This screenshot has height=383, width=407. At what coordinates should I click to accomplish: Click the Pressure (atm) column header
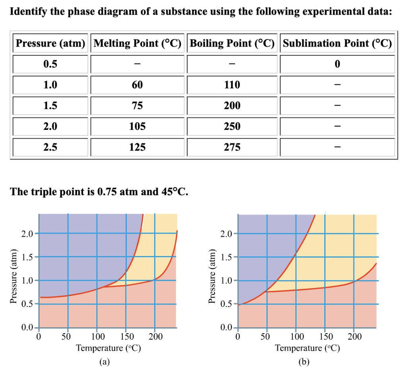click(50, 43)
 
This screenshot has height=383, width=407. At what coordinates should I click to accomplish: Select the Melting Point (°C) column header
click(138, 43)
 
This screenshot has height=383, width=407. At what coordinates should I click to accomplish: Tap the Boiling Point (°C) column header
click(232, 43)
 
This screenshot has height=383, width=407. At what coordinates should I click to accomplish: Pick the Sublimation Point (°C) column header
click(337, 43)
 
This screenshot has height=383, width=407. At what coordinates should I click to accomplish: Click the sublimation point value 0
click(337, 64)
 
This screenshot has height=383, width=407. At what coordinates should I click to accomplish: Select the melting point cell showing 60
click(138, 85)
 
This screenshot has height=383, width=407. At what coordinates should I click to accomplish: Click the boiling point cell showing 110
click(232, 85)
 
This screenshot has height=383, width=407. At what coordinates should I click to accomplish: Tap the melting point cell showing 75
click(138, 106)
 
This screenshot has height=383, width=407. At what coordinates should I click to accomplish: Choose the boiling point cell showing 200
click(232, 106)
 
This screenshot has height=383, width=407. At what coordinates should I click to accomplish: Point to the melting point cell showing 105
click(138, 127)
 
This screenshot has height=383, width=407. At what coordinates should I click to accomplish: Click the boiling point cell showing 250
click(232, 127)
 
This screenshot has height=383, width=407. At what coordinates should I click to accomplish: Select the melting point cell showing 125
click(138, 147)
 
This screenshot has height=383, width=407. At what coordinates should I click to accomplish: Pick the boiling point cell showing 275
click(232, 147)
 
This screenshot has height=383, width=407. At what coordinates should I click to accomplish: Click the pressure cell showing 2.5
click(50, 147)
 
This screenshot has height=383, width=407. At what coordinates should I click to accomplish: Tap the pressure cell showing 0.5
click(50, 64)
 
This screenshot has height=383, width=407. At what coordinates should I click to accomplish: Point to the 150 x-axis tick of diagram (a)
click(126, 336)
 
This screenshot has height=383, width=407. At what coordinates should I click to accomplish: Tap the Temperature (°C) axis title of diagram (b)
click(307, 348)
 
